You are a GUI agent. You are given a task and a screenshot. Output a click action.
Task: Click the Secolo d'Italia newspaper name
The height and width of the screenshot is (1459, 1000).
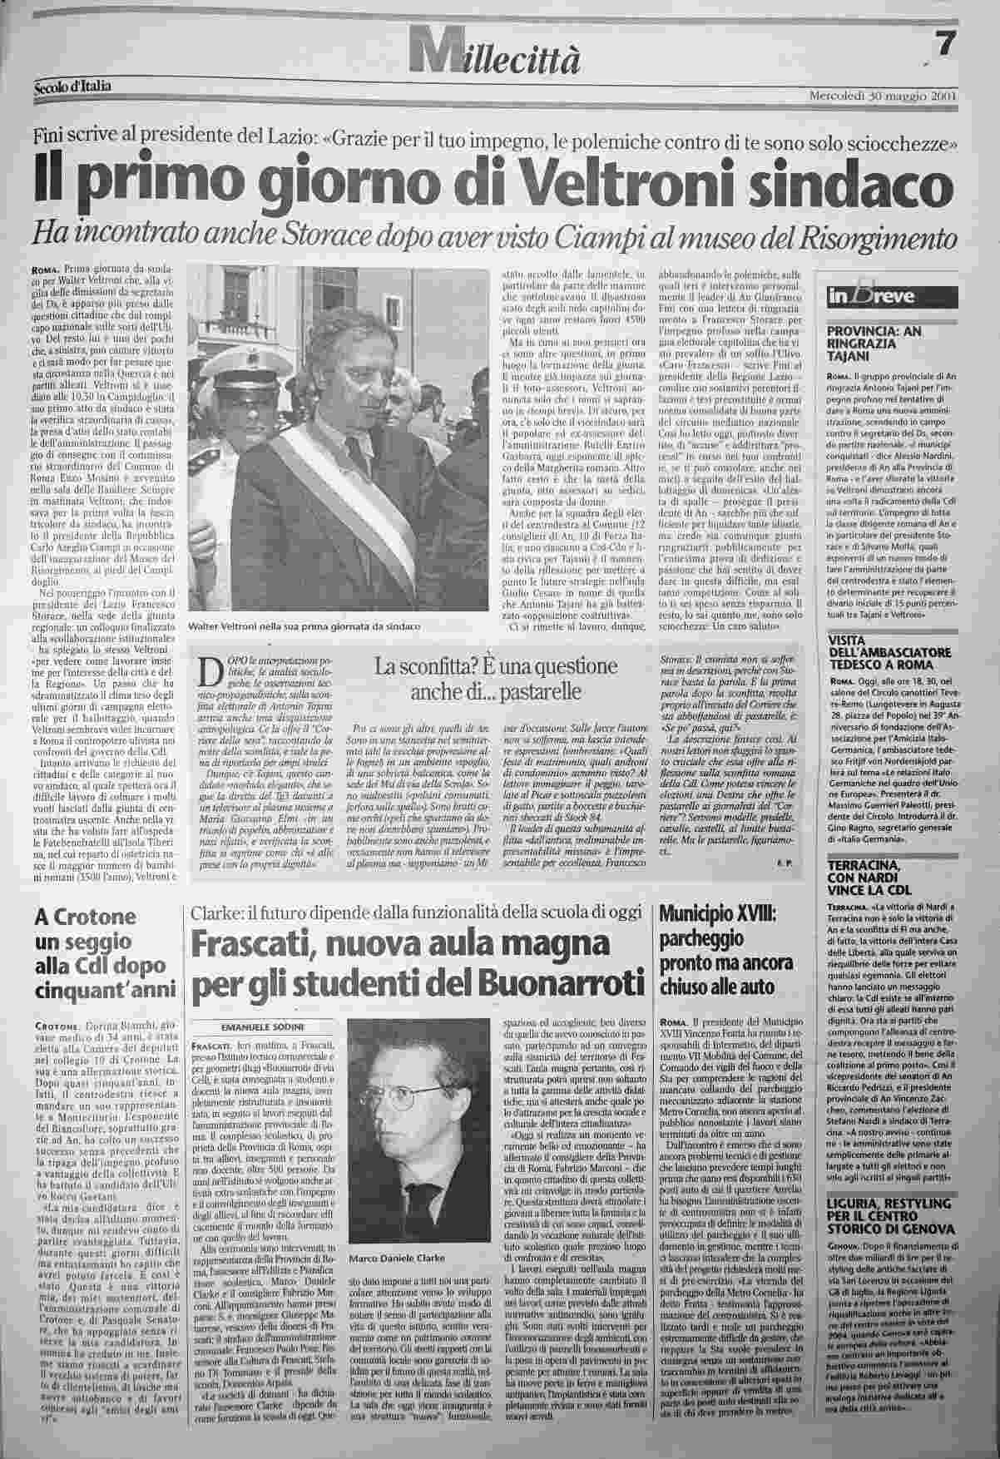click(x=73, y=86)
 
